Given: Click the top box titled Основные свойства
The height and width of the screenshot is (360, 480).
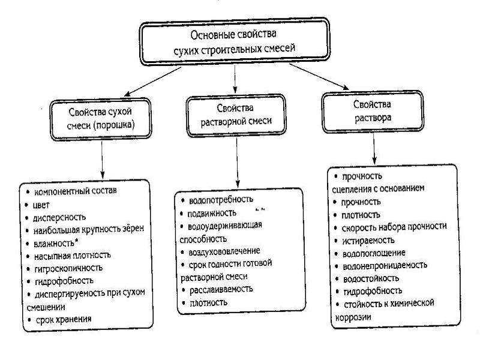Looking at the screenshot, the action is [x=235, y=41].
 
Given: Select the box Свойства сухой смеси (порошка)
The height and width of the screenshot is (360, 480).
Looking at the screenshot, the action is [x=101, y=119].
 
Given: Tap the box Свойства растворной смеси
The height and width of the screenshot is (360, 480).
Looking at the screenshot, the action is [x=236, y=115].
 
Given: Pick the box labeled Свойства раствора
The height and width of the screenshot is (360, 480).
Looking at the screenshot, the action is [x=373, y=112].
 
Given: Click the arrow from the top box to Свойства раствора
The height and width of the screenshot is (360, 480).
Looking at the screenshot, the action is [x=319, y=77].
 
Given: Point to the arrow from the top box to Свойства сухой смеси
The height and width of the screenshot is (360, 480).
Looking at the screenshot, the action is [x=152, y=82].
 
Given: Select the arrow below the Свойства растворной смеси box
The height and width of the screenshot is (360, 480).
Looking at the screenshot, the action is [x=237, y=161].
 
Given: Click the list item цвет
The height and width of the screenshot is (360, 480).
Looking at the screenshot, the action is [x=41, y=205].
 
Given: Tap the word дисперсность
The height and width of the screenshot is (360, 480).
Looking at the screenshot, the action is [x=59, y=218].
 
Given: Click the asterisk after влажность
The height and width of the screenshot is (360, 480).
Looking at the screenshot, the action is [x=77, y=242].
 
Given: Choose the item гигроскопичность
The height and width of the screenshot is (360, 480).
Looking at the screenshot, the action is [x=68, y=268].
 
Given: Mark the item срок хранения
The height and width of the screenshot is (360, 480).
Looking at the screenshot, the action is [x=64, y=319].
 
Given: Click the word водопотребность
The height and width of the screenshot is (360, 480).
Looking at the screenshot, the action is [x=221, y=200].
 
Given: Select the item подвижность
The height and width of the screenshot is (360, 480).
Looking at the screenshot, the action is [x=212, y=213].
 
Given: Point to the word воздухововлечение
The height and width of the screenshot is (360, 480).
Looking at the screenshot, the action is [x=224, y=251].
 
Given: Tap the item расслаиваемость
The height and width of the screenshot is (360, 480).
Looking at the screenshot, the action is [x=221, y=289].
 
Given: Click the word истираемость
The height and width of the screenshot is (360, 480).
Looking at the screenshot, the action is [x=368, y=241].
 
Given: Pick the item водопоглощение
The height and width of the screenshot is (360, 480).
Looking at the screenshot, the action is [x=374, y=253].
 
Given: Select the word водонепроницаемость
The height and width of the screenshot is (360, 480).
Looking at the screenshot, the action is [x=385, y=266].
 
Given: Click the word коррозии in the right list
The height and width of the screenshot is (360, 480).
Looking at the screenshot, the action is [x=353, y=317].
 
